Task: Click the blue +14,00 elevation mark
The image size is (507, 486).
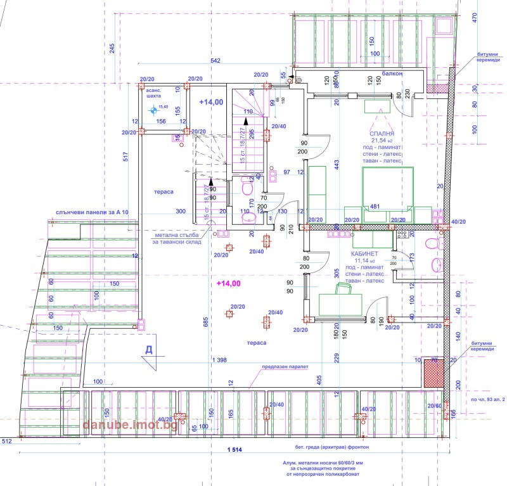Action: click(x=211, y=102)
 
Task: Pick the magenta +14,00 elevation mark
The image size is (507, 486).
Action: click(x=229, y=283)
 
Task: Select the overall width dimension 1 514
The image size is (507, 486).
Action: click(x=234, y=449)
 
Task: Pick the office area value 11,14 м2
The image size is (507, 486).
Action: click(x=368, y=260)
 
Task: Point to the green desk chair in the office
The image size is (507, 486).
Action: click(x=343, y=289)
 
